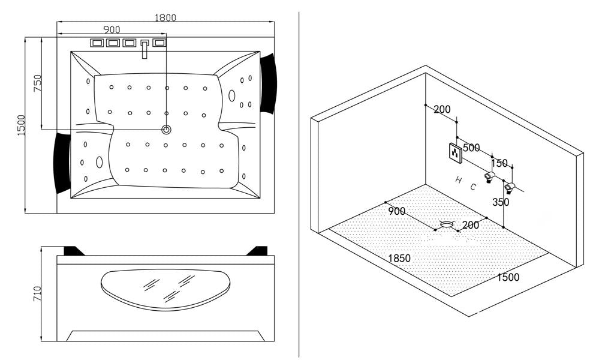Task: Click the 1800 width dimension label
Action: (165, 17)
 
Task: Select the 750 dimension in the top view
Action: (37, 83)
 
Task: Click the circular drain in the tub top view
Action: (166, 129)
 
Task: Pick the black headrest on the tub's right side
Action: (267, 82)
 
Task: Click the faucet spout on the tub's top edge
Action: (145, 50)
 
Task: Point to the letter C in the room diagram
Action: (473, 187)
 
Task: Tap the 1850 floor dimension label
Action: (399, 258)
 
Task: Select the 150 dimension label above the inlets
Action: (499, 163)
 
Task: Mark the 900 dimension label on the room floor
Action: (396, 211)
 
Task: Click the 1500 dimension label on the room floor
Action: (507, 277)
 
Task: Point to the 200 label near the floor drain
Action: (471, 224)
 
